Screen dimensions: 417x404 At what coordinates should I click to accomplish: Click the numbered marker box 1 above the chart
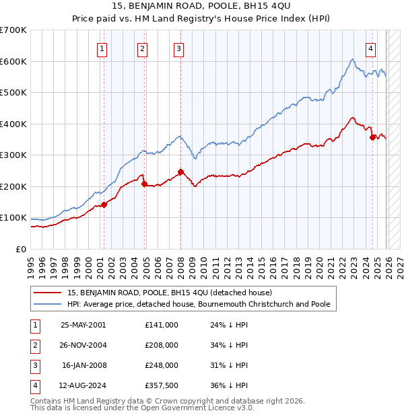tap(102, 48)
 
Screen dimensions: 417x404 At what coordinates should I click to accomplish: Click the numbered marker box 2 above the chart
tap(143, 48)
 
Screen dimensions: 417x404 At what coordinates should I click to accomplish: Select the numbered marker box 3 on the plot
tap(178, 48)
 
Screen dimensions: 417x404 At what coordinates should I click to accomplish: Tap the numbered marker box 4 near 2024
tap(371, 48)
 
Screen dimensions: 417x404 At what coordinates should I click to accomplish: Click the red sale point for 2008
tap(180, 172)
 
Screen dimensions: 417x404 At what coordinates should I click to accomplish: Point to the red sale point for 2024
tap(372, 137)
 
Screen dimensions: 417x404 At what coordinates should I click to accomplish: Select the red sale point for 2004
tap(144, 184)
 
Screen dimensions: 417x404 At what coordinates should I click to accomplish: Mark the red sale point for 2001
tap(104, 204)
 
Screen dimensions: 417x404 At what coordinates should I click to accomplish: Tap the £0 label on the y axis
tap(21, 249)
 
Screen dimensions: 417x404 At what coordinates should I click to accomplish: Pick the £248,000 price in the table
tap(161, 365)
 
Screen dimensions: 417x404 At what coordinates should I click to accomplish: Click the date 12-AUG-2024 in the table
tap(83, 385)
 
